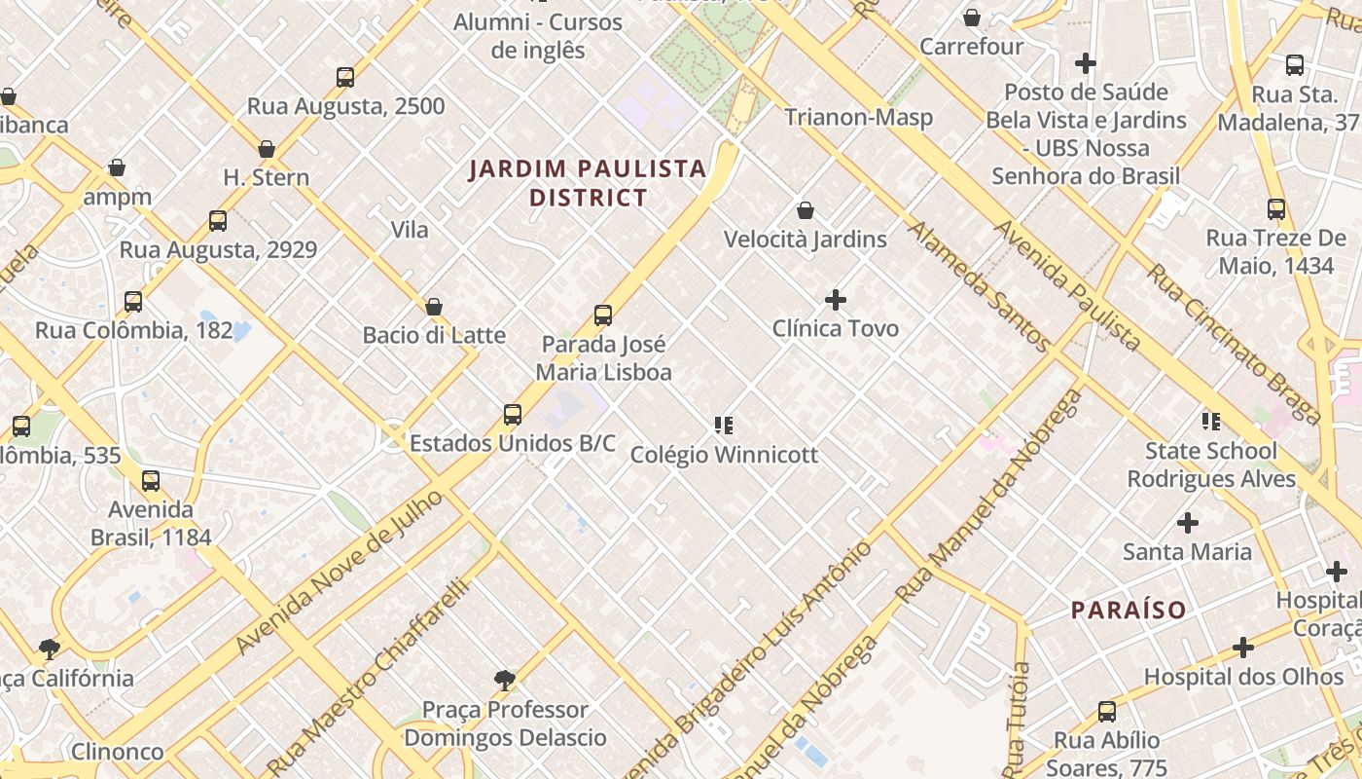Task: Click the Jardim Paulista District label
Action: pyautogui.click(x=588, y=183)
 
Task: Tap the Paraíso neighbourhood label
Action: pyautogui.click(x=1129, y=611)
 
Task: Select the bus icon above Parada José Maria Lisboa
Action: pyautogui.click(x=603, y=315)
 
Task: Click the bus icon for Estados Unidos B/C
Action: pyautogui.click(x=513, y=415)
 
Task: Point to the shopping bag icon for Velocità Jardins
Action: pyautogui.click(x=806, y=210)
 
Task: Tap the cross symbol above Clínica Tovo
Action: pyautogui.click(x=836, y=300)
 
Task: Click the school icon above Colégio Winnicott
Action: pyautogui.click(x=724, y=425)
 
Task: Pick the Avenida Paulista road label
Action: pyautogui.click(x=1067, y=284)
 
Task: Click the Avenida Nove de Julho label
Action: pyautogui.click(x=340, y=573)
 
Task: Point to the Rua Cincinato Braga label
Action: pyautogui.click(x=1234, y=343)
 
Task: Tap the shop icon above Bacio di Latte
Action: pyautogui.click(x=434, y=307)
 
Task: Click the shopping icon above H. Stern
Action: pyautogui.click(x=267, y=149)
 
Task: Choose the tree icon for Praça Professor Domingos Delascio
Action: pyautogui.click(x=505, y=680)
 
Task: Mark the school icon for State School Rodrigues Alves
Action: pyautogui.click(x=1211, y=422)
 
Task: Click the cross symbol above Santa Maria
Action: pyautogui.click(x=1188, y=523)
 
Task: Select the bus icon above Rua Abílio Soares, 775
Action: pyautogui.click(x=1107, y=711)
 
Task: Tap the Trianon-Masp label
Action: pyautogui.click(x=858, y=118)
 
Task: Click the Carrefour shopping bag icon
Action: pyautogui.click(x=971, y=18)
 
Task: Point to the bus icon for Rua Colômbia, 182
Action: pyautogui.click(x=133, y=302)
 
